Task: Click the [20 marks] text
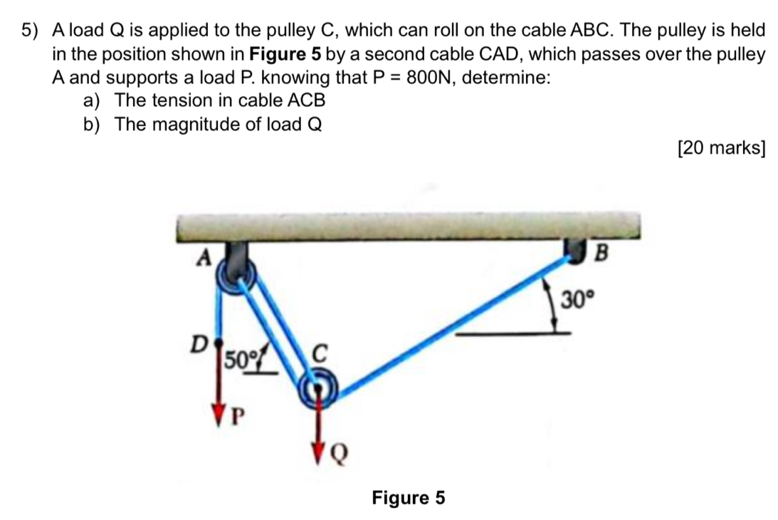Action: point(721,148)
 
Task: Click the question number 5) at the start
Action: point(29,31)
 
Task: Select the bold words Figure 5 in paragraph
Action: point(283,54)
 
